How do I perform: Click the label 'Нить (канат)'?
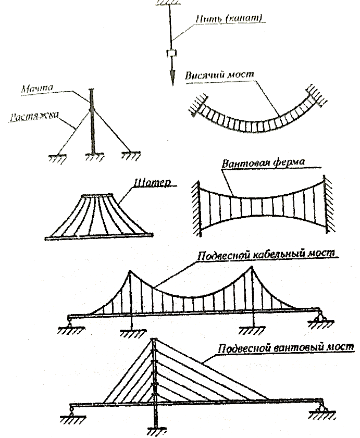(x=229, y=19)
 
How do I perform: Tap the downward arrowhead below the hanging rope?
(x=172, y=77)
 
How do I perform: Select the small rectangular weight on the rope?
(x=171, y=53)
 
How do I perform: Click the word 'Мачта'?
(x=37, y=89)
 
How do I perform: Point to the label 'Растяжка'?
(x=34, y=117)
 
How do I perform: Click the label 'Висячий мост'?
(x=220, y=75)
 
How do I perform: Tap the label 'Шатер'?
(x=152, y=183)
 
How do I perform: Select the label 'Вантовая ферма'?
(x=263, y=162)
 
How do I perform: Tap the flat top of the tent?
(x=97, y=195)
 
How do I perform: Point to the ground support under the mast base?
(x=94, y=157)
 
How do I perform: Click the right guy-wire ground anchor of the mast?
(x=131, y=156)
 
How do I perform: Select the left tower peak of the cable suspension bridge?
(x=130, y=271)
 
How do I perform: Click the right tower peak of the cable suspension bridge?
(x=252, y=267)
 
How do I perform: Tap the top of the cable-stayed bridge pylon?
(x=154, y=340)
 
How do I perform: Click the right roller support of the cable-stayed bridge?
(x=321, y=410)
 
